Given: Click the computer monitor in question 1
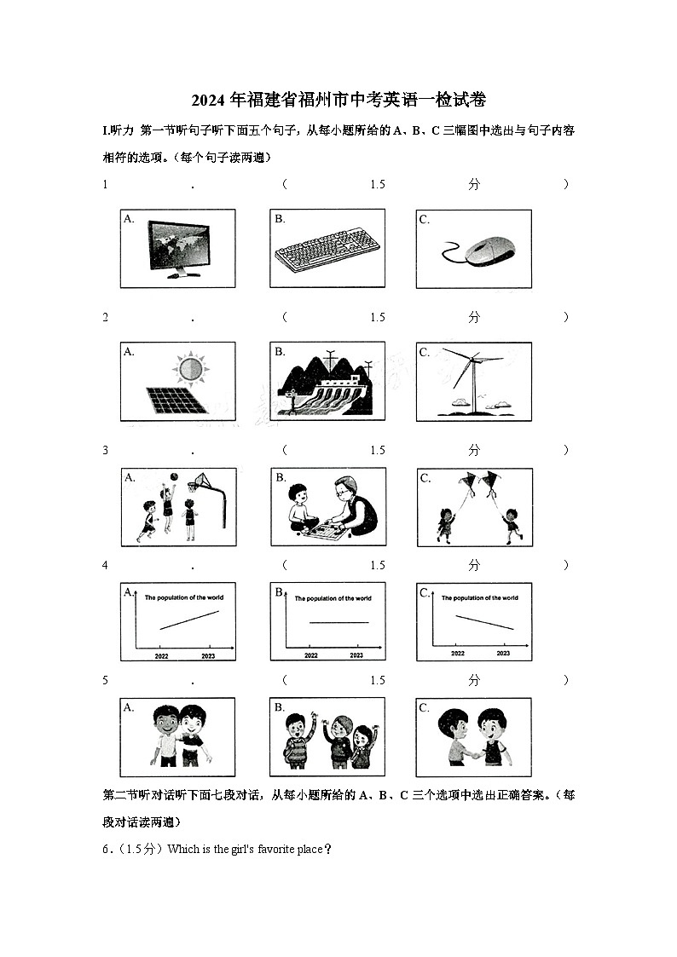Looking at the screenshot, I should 178,248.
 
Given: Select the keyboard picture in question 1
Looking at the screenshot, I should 327,251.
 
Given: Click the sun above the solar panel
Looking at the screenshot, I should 188,369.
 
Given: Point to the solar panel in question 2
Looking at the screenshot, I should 176,400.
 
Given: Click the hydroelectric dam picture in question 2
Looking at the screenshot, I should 327,383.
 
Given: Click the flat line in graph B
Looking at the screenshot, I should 338,623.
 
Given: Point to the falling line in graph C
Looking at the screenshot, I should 483,622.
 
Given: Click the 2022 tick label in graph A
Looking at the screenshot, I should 162,655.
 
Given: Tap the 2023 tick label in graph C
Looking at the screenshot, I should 503,653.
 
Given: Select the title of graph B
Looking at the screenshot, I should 333,598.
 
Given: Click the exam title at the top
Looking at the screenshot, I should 338,100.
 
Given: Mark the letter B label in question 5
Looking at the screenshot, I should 279,707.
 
